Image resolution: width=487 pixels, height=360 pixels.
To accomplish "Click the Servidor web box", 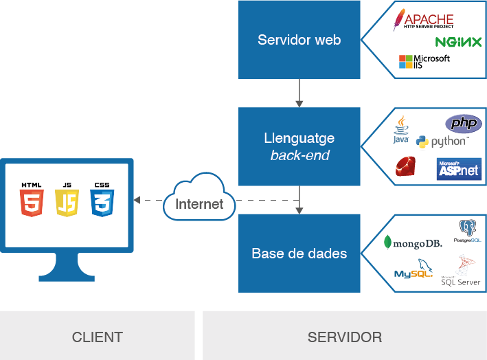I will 299,39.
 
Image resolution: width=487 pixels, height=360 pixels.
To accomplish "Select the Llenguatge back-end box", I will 299,146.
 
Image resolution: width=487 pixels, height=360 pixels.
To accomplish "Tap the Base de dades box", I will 299,253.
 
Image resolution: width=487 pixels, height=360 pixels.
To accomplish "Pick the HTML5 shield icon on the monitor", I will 31,201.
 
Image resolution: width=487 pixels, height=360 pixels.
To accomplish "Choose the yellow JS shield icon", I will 67,201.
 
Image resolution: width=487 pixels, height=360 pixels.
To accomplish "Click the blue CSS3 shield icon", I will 102,201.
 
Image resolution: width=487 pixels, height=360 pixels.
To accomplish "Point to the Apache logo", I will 423,21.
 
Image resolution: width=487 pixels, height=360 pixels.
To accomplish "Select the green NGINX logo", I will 458,43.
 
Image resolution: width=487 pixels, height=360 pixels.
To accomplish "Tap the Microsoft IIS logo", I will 424,62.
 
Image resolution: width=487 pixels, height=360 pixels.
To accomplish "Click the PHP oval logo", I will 464,124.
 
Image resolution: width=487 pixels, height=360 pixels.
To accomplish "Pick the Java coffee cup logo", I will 400,130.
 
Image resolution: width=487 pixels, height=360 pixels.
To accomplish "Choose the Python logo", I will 441,142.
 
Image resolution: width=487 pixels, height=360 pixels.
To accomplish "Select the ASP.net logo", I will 459,169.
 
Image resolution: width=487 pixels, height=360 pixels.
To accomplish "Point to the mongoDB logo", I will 412,242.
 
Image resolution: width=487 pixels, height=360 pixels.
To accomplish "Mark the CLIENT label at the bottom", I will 97,337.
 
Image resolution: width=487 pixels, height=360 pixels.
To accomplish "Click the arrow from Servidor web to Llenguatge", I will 299,93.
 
